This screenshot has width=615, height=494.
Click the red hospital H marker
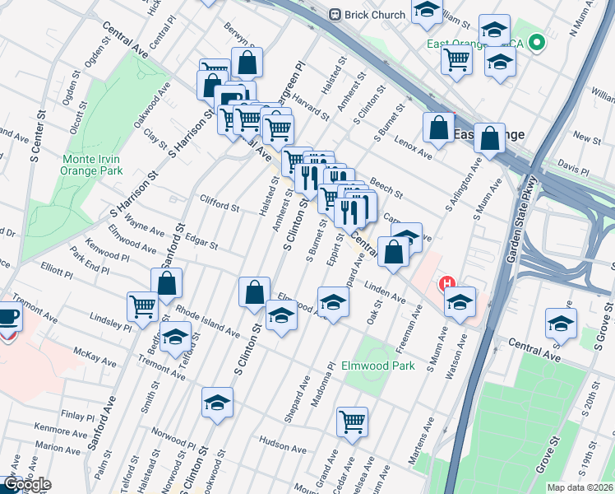point(448,284)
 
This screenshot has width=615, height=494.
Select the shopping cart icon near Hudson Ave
point(353,422)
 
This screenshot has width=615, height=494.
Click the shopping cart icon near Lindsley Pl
point(143,306)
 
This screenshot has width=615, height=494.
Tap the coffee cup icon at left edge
point(8,316)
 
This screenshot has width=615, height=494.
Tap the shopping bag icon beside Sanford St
point(167,283)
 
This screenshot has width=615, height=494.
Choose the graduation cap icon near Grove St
point(561,323)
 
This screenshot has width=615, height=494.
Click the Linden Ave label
point(386,294)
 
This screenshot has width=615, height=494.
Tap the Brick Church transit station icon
point(335,14)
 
